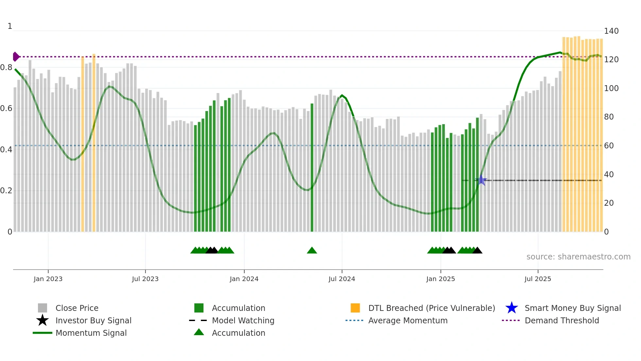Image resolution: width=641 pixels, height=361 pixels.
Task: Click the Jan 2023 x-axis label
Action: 48,279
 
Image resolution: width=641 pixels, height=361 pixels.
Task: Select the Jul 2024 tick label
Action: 341,279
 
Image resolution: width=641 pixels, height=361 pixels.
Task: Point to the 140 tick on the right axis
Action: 611,31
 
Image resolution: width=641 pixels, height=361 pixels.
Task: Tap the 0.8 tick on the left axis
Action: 6,67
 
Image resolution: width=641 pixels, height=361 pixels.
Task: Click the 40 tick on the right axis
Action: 609,174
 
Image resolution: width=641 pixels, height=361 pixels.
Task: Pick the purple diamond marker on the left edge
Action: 16,57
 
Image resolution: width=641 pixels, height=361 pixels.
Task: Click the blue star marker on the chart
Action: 481,180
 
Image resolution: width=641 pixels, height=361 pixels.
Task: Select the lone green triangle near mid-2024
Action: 312,251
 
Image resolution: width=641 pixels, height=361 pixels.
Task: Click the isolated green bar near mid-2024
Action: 312,167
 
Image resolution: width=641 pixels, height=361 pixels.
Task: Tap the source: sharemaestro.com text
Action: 578,257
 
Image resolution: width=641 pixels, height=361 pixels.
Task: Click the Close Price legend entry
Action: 77,308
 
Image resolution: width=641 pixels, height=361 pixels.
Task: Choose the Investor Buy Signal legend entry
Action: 93,320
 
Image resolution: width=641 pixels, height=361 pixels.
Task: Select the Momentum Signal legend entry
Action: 91,333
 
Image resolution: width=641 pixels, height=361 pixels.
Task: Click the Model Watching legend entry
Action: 243,320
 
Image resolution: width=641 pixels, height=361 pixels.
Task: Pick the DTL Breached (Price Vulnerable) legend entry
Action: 431,308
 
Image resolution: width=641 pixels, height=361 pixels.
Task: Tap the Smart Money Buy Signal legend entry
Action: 572,308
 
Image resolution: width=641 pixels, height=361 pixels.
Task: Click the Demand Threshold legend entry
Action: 562,320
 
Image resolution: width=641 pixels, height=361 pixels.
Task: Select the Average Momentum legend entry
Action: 407,320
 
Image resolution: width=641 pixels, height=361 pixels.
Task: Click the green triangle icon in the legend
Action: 199,332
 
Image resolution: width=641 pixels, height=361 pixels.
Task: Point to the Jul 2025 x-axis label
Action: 537,279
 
